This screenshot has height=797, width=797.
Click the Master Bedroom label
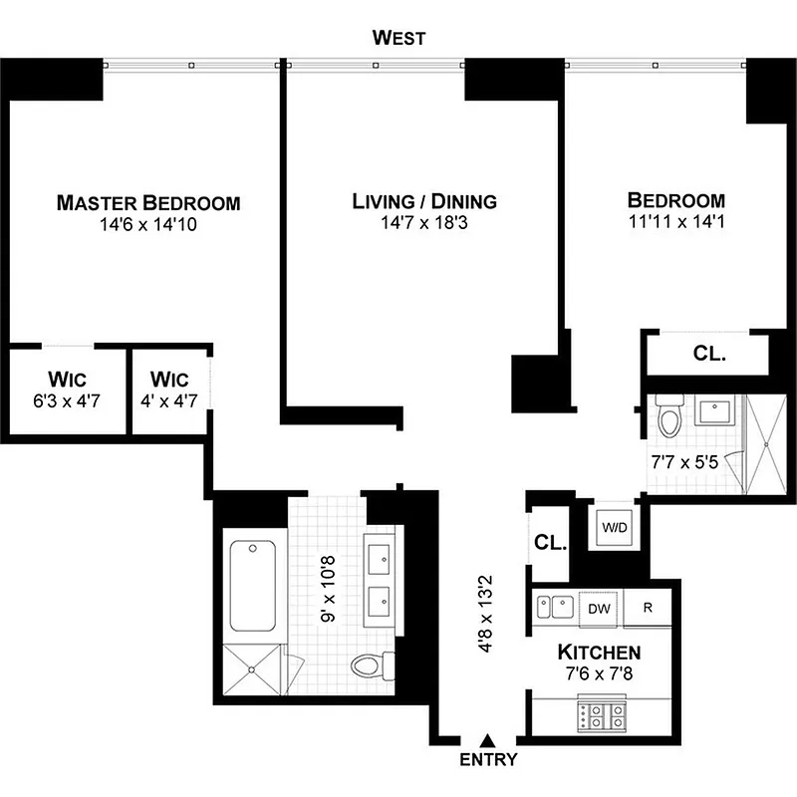coord(148,203)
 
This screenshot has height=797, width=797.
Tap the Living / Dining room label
coord(424,202)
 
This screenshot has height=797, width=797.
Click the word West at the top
coord(398,39)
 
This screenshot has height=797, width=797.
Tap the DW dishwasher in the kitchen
coord(599,608)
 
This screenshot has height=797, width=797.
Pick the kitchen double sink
coord(554,607)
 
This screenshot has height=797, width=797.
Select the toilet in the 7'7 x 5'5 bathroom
coord(669,415)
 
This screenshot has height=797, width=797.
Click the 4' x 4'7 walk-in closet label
coord(170,390)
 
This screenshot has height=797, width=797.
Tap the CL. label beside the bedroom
coord(709,354)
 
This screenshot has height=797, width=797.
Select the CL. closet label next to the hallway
coord(550,544)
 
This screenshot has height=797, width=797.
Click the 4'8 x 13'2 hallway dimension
coord(488,614)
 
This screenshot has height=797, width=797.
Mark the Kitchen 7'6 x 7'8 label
coord(598,663)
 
